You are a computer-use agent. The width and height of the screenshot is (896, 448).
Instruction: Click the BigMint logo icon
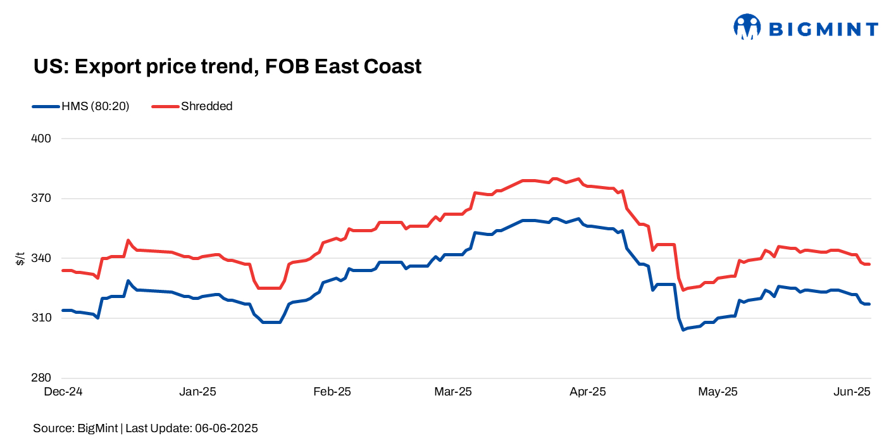[747, 27]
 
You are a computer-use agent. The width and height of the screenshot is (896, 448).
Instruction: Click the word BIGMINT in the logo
[823, 29]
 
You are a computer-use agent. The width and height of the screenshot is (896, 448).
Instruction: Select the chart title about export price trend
[227, 66]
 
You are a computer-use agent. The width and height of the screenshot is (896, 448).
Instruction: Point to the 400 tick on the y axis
[41, 139]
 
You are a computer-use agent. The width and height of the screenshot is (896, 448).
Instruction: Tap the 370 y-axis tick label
[41, 199]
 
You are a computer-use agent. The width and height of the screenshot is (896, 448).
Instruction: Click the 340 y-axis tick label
[41, 258]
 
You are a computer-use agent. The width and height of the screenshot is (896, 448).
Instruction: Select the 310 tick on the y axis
[41, 318]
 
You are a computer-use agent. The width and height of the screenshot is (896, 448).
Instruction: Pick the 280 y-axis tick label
[41, 378]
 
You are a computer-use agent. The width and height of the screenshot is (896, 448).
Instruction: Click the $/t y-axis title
[21, 258]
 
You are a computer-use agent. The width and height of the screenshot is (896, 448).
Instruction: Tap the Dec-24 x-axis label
[63, 392]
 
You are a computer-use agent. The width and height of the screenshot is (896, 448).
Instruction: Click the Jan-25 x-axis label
[197, 392]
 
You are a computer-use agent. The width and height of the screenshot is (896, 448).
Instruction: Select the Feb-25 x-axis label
[332, 392]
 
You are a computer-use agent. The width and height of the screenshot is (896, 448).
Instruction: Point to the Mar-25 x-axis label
[453, 392]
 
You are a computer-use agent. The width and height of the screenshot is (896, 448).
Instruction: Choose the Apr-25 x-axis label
[587, 392]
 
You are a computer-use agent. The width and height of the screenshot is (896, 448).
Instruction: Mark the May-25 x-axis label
[718, 392]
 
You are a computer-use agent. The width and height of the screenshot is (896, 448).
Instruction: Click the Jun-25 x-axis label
[852, 392]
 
